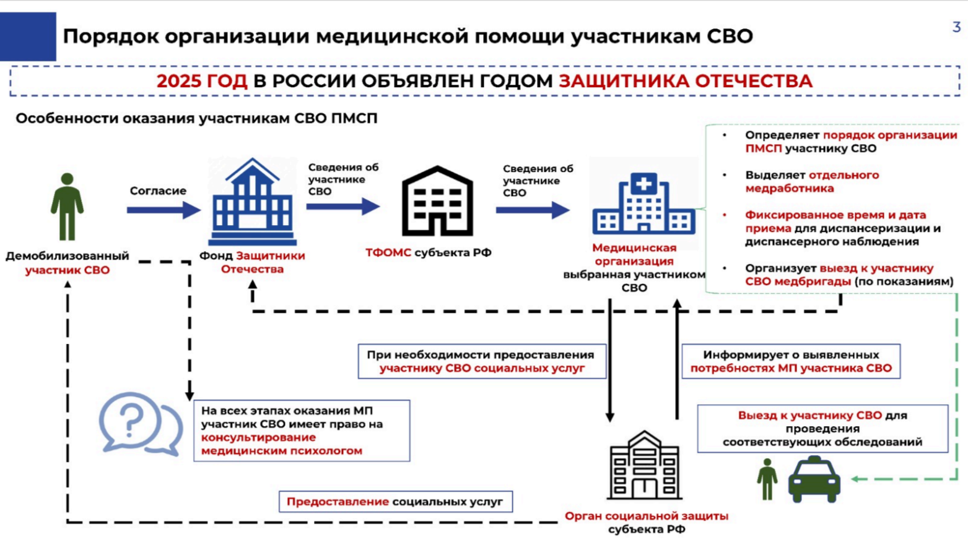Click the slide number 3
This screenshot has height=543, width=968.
click(956, 27)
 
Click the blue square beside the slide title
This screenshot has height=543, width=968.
click(28, 36)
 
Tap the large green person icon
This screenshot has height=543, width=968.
click(67, 207)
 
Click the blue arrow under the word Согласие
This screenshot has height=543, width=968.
click(164, 210)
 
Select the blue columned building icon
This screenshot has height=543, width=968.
click(252, 202)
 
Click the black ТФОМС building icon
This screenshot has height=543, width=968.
click(437, 201)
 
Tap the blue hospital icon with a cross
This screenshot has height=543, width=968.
click(643, 203)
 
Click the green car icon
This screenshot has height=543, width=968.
click(814, 479)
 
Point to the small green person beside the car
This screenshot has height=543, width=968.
click(767, 479)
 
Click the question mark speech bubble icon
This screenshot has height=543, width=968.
click(141, 424)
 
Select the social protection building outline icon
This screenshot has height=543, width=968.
click(644, 465)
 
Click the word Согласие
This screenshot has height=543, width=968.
click(158, 190)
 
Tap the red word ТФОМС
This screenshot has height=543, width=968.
click(388, 252)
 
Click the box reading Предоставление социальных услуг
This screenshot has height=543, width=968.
click(396, 502)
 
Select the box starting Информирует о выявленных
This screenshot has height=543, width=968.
click(791, 361)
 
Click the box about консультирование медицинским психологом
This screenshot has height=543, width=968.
click(302, 431)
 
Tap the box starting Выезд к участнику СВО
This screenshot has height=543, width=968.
click(823, 429)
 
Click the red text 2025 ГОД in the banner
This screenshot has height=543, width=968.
click(202, 81)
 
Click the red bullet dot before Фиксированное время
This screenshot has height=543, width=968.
click(725, 215)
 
